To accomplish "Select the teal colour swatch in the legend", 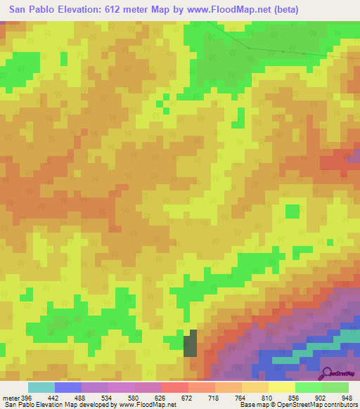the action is [x=41, y=387].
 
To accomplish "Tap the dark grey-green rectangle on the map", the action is [x=191, y=345].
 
